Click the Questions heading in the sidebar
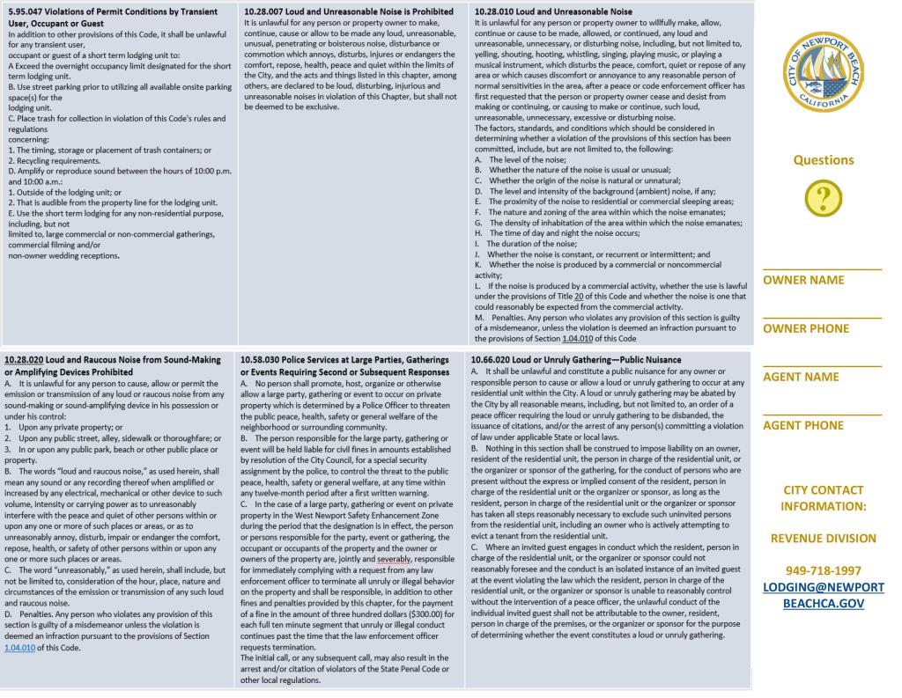tap(824, 160)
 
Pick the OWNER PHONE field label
tap(806, 328)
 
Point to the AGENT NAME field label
tap(801, 377)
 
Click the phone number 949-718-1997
tap(824, 570)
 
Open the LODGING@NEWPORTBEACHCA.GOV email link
tap(824, 595)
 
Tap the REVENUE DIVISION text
tap(824, 538)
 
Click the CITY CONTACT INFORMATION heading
tap(824, 498)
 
